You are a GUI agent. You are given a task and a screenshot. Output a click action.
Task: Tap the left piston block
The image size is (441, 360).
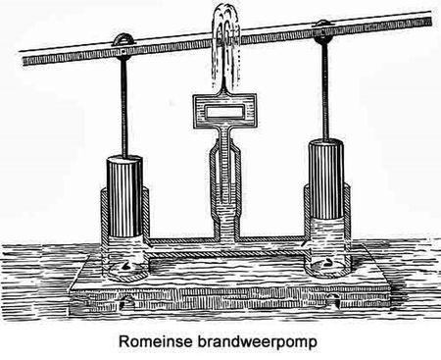[125, 196]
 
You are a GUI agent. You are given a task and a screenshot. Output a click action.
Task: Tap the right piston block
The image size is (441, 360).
[326, 179]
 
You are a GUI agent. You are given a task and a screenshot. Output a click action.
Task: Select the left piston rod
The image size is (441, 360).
[123, 107]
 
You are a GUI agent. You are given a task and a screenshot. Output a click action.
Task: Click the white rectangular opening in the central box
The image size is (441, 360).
[224, 112]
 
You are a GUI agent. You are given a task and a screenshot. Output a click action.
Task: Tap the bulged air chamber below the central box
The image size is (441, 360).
[225, 183]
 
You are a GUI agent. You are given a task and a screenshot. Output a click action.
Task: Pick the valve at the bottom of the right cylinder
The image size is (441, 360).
[327, 262]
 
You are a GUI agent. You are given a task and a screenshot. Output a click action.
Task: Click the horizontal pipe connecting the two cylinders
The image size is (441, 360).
[225, 247]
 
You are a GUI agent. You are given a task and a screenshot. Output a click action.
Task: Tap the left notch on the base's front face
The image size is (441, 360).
[127, 301]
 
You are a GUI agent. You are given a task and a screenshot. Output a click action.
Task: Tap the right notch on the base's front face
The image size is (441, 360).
[334, 299]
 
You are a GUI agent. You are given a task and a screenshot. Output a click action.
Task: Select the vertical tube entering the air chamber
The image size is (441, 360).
[225, 164]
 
